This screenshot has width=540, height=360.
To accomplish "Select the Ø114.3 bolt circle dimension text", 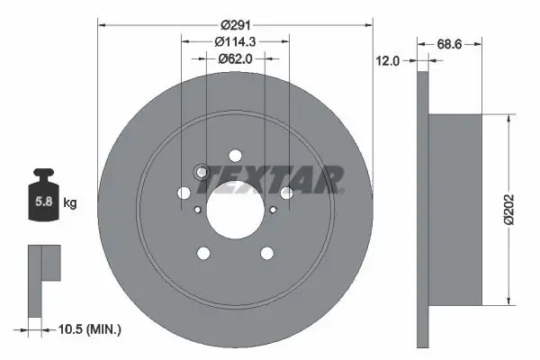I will pyautogui.click(x=236, y=41).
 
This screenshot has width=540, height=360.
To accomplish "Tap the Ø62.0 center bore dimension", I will pyautogui.click(x=236, y=58).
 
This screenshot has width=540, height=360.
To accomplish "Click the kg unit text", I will pyautogui.click(x=70, y=203).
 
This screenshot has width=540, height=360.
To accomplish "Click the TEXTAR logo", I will pyautogui.click(x=271, y=179).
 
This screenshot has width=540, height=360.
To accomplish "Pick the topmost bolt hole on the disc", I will pyautogui.click(x=235, y=154).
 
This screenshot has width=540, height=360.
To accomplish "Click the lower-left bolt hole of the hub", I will pyautogui.click(x=203, y=253).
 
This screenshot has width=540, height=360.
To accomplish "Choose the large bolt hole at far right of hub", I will pyautogui.click(x=286, y=192).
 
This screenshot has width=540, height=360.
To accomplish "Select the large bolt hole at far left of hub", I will pyautogui.click(x=184, y=192).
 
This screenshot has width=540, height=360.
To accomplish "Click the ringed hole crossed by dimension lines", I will pyautogui.click(x=202, y=172).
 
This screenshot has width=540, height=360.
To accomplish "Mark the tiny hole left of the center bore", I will pyautogui.click(x=198, y=209).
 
